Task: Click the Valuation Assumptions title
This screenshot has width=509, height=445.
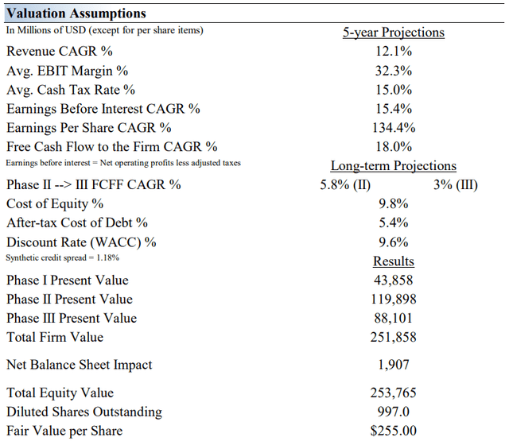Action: (x=76, y=14)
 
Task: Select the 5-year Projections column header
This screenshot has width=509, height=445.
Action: (x=393, y=33)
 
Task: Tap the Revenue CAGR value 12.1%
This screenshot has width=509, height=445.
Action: (x=393, y=52)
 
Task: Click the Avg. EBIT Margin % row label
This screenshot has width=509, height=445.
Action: (x=67, y=71)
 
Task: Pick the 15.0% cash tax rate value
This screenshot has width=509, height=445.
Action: (x=393, y=90)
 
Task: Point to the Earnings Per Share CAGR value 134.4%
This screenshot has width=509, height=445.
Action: (x=393, y=128)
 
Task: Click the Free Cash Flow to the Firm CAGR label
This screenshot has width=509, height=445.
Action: (x=111, y=147)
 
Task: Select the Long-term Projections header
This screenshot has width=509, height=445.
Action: (x=393, y=166)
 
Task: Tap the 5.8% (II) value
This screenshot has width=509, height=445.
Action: (x=345, y=185)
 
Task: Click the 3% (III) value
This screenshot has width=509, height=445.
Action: (x=456, y=185)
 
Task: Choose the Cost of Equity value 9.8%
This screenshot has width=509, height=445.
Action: (x=393, y=204)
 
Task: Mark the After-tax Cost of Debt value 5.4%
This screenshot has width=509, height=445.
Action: (x=393, y=223)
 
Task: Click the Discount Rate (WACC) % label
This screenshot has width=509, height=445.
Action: (x=81, y=242)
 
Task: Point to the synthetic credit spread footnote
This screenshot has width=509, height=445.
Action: (x=63, y=257)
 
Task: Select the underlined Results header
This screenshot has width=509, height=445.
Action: (x=393, y=261)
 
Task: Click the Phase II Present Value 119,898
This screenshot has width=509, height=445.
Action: (x=393, y=300)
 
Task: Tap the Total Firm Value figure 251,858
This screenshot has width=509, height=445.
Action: (x=393, y=338)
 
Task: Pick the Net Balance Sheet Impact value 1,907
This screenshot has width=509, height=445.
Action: (x=393, y=366)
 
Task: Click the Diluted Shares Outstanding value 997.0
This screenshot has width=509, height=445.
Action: (x=393, y=412)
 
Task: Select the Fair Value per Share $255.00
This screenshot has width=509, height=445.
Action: (x=393, y=431)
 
